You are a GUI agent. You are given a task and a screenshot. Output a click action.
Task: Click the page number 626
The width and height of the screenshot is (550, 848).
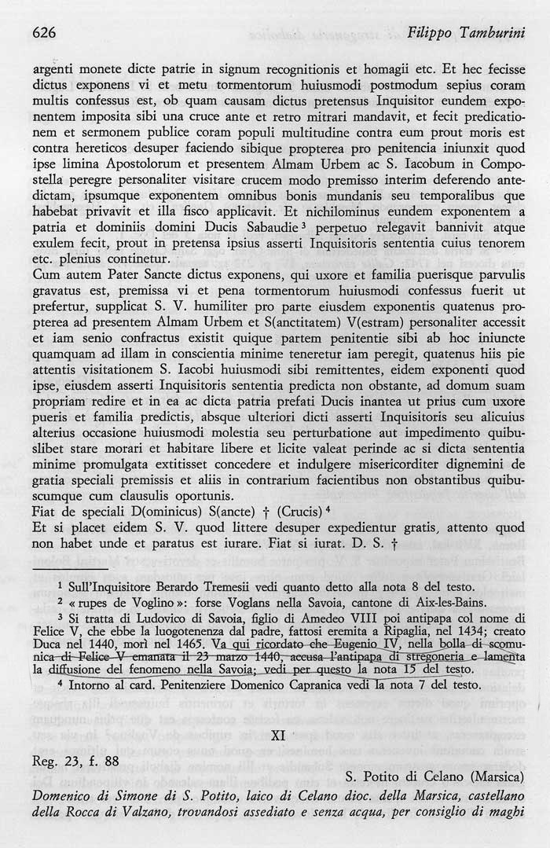[45, 33]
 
